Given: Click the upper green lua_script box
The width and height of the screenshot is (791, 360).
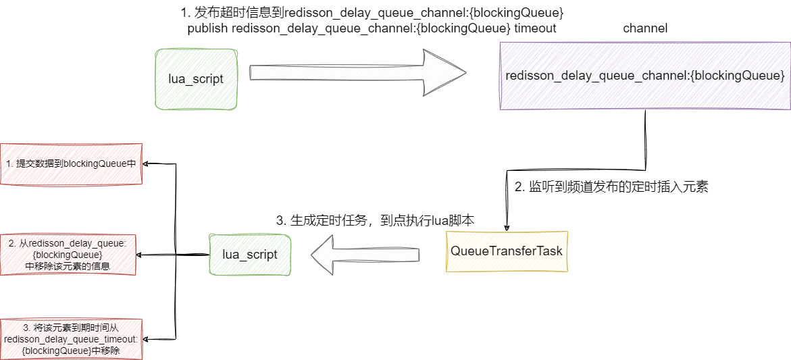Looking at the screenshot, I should click(196, 79).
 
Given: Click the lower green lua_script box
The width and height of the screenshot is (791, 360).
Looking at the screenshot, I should click(249, 254).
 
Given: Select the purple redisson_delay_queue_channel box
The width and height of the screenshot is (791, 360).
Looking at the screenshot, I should click(644, 76).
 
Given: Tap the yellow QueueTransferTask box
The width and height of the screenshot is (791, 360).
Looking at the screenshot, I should click(507, 251).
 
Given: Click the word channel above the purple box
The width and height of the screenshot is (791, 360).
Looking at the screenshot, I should click(645, 28).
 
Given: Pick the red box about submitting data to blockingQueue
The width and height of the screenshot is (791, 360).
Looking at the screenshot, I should click(72, 163).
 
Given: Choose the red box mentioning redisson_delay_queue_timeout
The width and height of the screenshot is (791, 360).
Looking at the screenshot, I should click(72, 339).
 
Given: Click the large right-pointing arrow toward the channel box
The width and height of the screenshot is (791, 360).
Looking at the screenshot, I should click(358, 72).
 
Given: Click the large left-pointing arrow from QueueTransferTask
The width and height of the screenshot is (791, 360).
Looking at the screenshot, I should click(365, 255).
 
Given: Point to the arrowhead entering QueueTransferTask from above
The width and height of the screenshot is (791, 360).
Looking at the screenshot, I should click(507, 227).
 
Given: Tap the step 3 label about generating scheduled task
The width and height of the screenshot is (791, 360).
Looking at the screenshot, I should click(376, 220).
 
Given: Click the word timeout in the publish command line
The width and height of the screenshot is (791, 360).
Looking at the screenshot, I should click(535, 28).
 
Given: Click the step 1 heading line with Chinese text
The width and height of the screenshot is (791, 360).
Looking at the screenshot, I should click(372, 13).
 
